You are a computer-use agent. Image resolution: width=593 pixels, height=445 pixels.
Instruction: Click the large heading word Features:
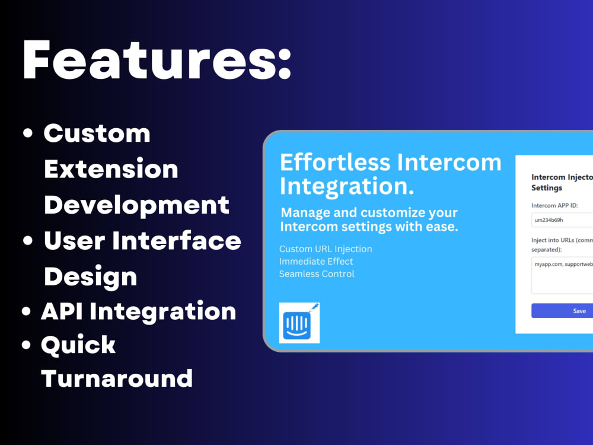tap(157, 61)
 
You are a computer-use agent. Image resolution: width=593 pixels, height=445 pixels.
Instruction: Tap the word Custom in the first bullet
tap(97, 133)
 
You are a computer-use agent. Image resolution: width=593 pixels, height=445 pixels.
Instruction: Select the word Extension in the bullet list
tap(111, 169)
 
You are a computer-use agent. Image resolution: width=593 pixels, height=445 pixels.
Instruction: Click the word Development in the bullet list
tap(136, 205)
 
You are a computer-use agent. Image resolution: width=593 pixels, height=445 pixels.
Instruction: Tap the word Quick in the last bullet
tap(78, 345)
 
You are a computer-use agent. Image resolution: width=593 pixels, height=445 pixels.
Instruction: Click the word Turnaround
tap(117, 378)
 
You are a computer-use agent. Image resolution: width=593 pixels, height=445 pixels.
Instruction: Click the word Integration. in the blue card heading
tap(347, 186)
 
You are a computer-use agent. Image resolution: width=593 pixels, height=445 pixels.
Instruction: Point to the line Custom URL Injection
tap(326, 249)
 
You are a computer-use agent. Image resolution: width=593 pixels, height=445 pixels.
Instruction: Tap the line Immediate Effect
tap(316, 261)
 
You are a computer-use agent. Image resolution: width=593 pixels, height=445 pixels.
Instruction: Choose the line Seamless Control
tap(317, 274)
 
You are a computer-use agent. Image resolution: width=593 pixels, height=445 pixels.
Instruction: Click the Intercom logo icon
tap(299, 323)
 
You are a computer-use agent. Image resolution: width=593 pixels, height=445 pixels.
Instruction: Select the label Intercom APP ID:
tap(554, 205)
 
